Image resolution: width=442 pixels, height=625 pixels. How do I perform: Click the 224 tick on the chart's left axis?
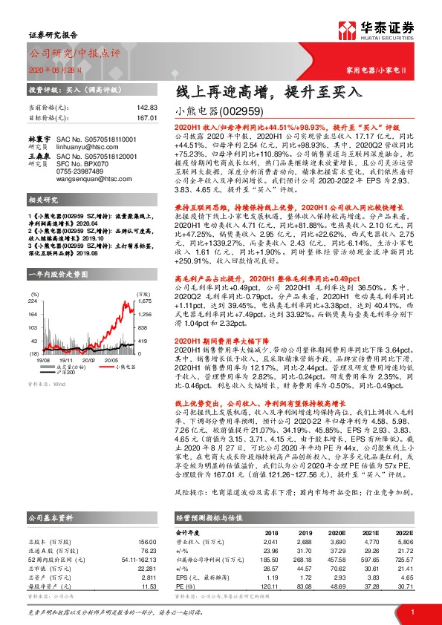(34, 281)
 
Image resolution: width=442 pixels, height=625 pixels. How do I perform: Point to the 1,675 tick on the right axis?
(145, 281)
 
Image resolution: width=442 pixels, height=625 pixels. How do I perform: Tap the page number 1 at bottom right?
(412, 610)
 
